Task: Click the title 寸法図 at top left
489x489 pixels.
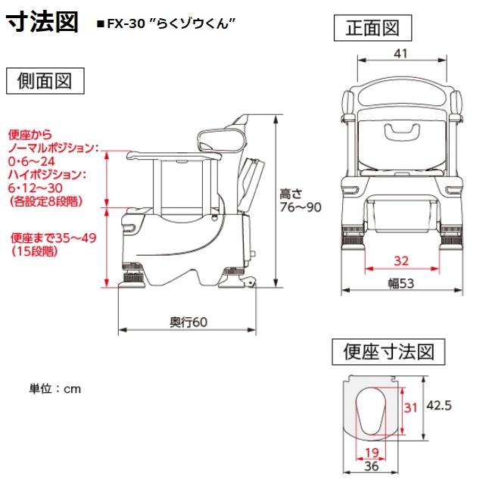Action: [x=42, y=22]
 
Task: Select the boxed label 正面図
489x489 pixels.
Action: [x=372, y=29]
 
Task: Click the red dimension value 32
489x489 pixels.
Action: [x=401, y=260]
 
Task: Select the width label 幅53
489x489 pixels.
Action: [x=401, y=283]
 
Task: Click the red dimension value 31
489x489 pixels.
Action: [x=410, y=407]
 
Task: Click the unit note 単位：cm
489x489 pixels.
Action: [x=55, y=389]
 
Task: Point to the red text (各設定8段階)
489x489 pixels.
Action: [x=46, y=201]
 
